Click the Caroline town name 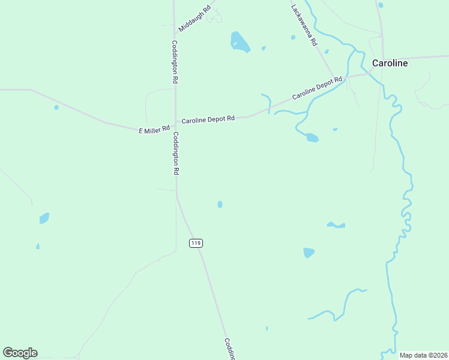point(390,63)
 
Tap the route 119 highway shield point(195,243)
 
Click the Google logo point(20,353)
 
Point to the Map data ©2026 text point(423,355)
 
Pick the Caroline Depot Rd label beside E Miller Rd point(208,119)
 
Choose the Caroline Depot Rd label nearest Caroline point(317,88)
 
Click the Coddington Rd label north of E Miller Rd point(175,62)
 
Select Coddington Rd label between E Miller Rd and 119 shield point(176,153)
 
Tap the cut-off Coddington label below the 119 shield point(230,349)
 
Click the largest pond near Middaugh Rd point(240,42)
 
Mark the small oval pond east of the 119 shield point(220,205)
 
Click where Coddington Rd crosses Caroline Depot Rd point(175,123)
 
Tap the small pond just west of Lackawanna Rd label point(293,37)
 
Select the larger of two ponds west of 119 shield point(44,218)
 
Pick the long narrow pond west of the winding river point(336,226)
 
